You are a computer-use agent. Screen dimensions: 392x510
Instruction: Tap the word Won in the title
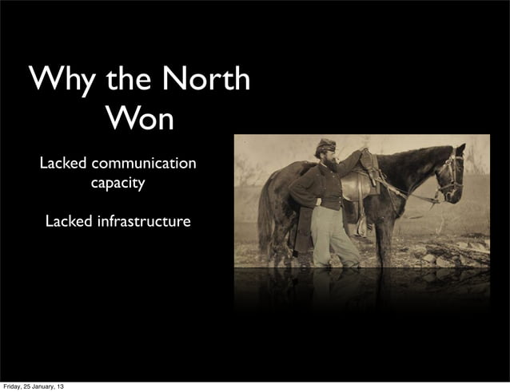(138, 119)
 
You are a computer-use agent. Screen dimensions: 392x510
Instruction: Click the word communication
(143, 164)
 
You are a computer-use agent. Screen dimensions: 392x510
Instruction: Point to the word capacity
(118, 184)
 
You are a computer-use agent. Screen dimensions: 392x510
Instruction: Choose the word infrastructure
(144, 220)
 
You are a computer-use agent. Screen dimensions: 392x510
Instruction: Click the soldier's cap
(325, 145)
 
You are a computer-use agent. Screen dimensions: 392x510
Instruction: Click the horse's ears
(460, 149)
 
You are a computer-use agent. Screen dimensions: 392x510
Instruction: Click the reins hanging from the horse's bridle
(412, 192)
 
